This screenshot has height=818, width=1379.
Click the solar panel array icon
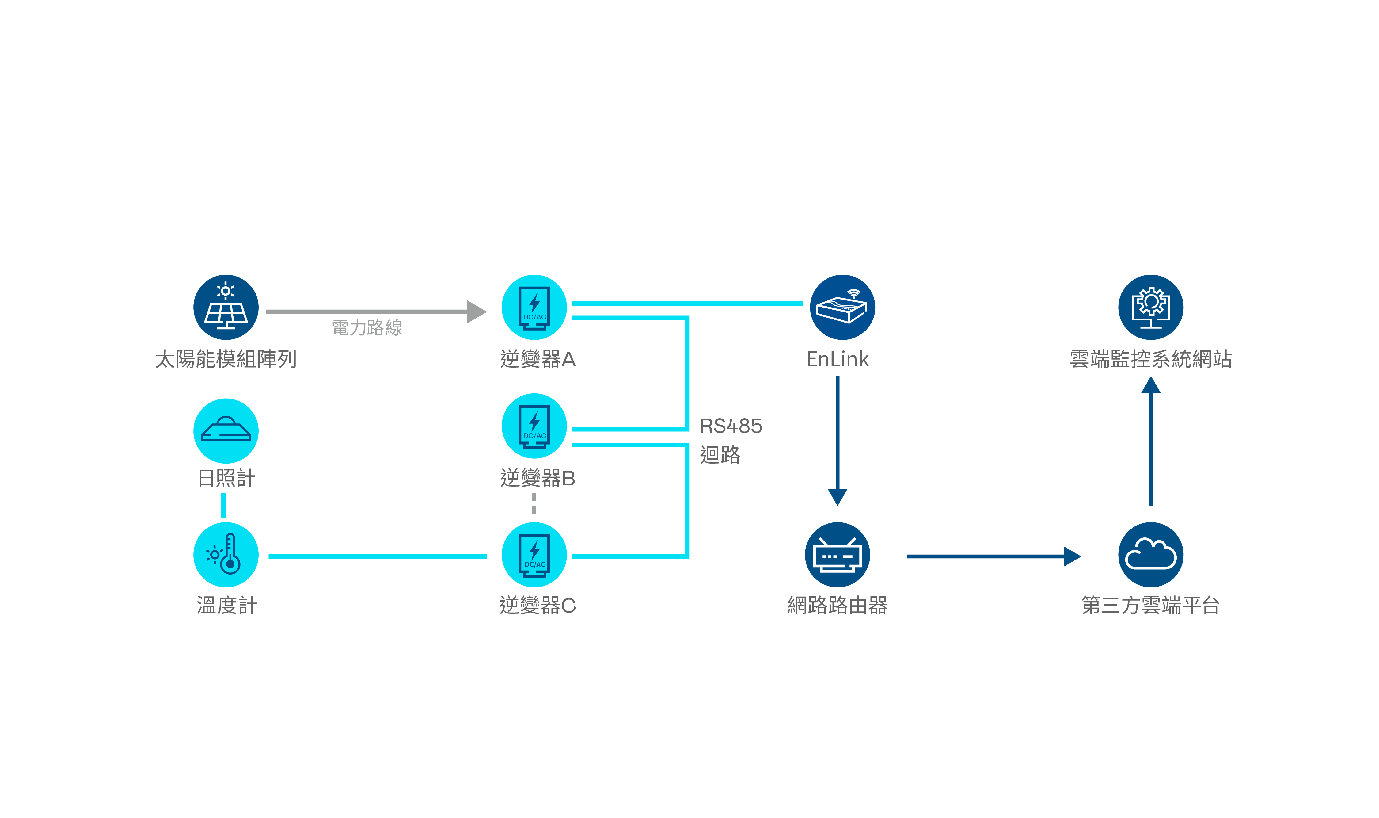pos(226,307)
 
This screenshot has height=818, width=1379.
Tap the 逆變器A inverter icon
pos(534,307)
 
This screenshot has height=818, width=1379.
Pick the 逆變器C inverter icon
pos(534,555)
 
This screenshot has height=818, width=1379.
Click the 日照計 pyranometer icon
pos(226,430)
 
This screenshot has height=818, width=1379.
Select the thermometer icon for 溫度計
pos(226,555)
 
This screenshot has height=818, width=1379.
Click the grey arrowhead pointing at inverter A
pos(476,312)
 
